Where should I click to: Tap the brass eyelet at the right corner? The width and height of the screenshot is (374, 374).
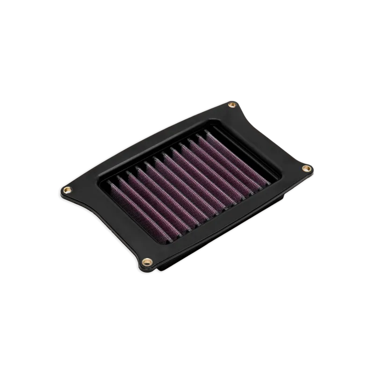[306, 167]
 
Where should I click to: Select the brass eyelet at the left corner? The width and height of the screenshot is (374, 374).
[66, 188]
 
